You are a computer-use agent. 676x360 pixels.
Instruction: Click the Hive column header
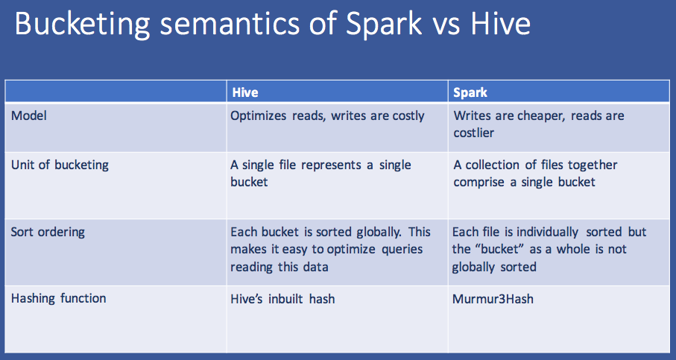[x=245, y=93]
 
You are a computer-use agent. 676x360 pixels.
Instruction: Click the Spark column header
[x=470, y=93]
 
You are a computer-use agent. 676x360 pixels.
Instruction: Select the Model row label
[x=29, y=116]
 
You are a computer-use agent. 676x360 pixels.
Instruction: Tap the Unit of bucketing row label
[x=60, y=165]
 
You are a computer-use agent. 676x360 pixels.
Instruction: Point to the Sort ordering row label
[x=48, y=232]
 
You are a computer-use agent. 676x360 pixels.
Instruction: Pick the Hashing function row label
[x=58, y=298]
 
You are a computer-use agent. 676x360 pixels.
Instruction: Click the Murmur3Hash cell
[x=493, y=299]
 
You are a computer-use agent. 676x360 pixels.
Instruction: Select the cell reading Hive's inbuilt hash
[x=282, y=299]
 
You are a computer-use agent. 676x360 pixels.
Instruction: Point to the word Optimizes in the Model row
[x=260, y=116]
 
